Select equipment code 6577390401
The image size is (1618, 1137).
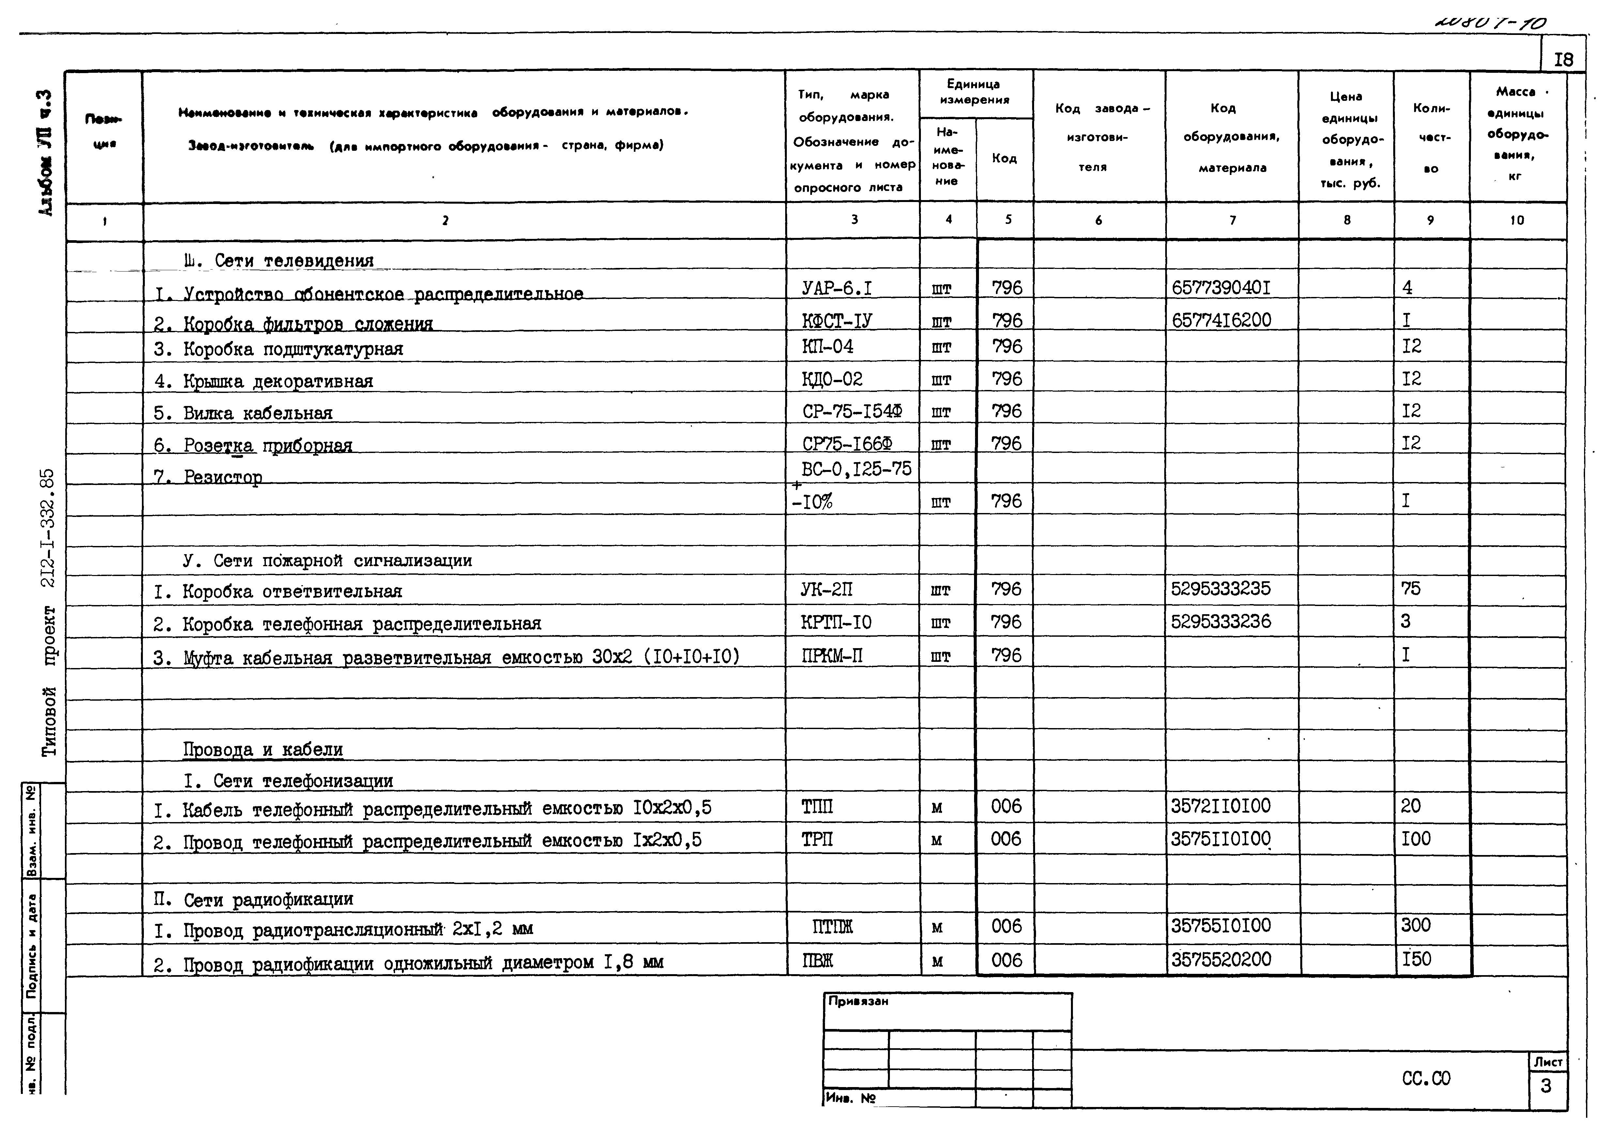(x=1221, y=288)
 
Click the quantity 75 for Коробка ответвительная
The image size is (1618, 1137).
(x=1411, y=589)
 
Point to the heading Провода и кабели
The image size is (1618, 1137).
(x=263, y=749)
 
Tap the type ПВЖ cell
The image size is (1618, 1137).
(x=817, y=960)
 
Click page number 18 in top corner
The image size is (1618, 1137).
(x=1563, y=59)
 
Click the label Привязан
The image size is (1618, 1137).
(x=858, y=1001)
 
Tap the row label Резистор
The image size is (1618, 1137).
(x=223, y=477)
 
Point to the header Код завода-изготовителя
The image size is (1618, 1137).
(x=1099, y=137)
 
